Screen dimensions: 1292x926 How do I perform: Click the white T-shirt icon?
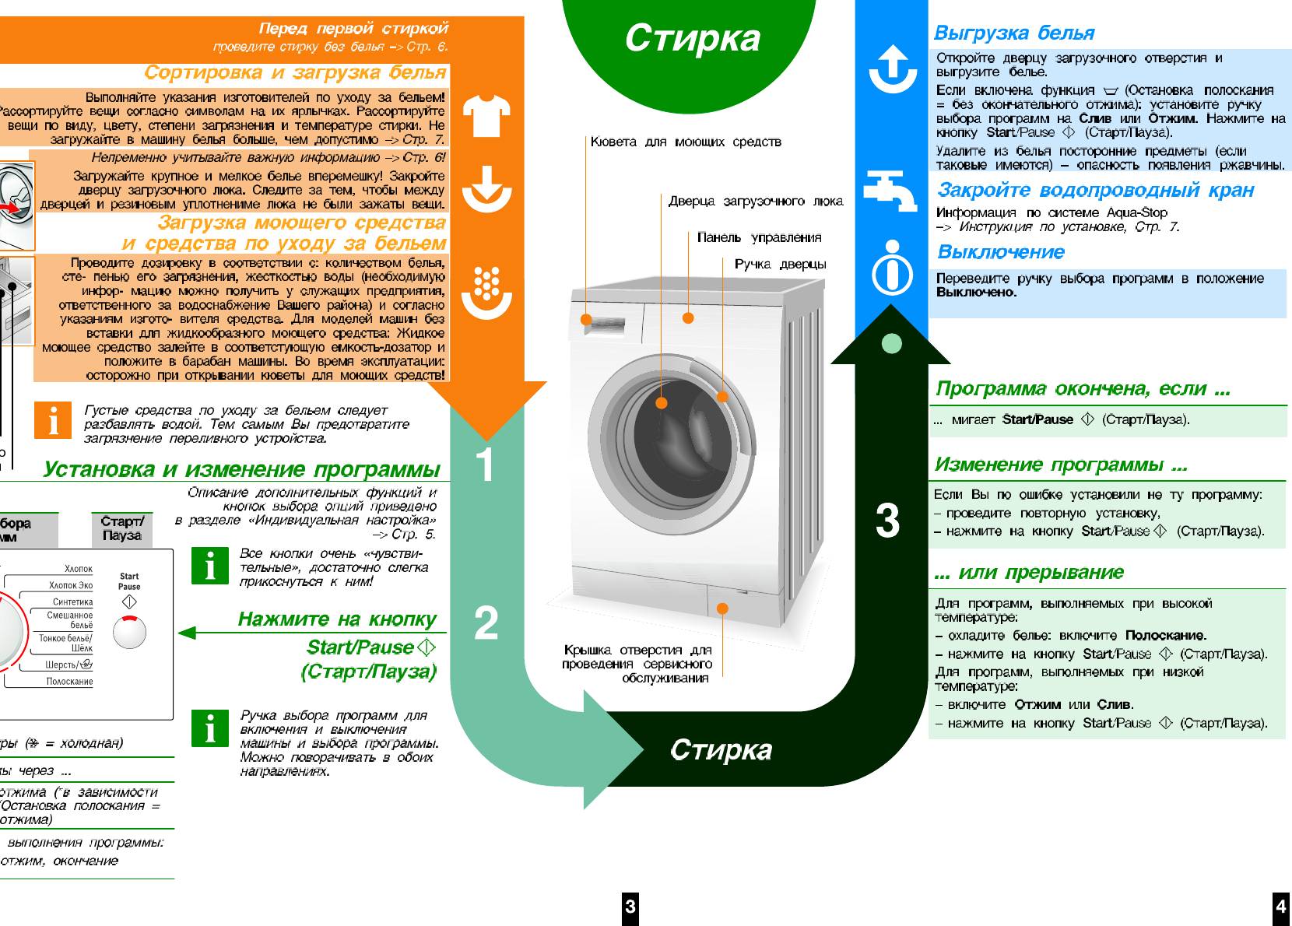click(486, 115)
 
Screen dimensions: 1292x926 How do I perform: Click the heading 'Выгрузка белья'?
click(1013, 33)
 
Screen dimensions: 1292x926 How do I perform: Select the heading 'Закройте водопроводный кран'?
click(1095, 190)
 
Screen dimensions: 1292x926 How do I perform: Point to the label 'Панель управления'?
click(759, 237)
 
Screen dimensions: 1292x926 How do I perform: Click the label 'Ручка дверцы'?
click(780, 264)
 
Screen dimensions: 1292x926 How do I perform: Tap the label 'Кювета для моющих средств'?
click(685, 142)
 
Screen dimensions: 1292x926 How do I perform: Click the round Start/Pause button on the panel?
click(129, 632)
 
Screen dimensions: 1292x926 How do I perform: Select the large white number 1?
click(485, 465)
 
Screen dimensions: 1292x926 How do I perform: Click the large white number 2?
click(486, 623)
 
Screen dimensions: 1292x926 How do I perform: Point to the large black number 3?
click(887, 521)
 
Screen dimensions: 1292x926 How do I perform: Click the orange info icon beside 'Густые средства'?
click(53, 420)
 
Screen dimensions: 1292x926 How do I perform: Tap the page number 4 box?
click(1280, 906)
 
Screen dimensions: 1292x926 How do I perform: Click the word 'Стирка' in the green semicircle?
click(692, 37)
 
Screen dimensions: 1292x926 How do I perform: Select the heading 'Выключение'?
click(1000, 252)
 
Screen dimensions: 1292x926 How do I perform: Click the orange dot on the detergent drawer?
click(585, 320)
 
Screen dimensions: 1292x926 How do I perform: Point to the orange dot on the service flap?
click(722, 608)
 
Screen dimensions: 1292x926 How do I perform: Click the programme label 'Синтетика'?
click(72, 602)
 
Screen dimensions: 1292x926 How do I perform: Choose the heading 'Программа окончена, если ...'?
click(1083, 388)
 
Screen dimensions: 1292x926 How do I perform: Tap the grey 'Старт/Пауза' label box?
click(121, 528)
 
